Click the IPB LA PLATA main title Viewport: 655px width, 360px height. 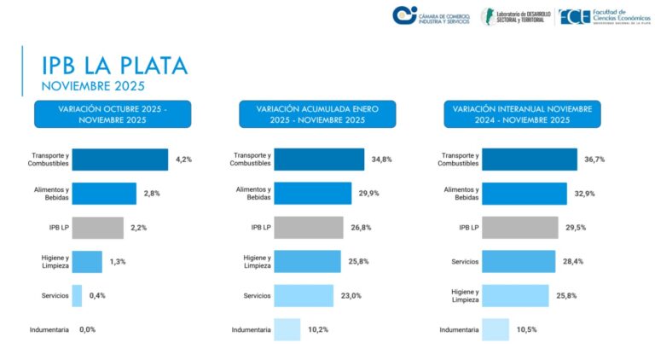(114, 65)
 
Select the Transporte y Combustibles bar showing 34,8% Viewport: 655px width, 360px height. (320, 160)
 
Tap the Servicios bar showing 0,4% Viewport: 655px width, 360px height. (77, 295)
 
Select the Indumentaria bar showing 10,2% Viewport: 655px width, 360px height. (287, 329)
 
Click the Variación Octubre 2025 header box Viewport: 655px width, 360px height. (113, 114)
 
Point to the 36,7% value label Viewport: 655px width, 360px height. (595, 160)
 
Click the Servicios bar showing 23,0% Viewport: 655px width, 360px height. (303, 295)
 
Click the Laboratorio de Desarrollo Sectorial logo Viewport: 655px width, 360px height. (516, 15)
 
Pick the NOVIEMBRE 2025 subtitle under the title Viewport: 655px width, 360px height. (94, 85)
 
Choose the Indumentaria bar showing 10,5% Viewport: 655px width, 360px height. (496, 329)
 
